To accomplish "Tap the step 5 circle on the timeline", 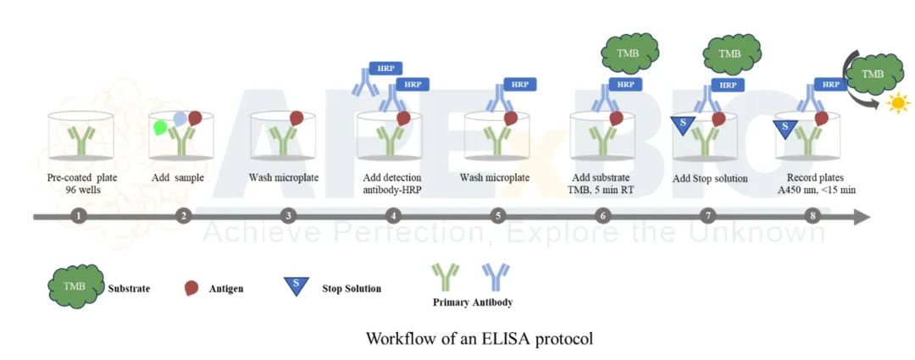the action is (498, 216).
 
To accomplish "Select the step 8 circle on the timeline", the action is (812, 216).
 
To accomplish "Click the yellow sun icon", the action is (897, 103).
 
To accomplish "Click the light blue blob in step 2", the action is (180, 119).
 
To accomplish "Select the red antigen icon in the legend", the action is (191, 288).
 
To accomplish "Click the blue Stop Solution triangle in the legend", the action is (296, 285).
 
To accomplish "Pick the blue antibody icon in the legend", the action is (496, 277).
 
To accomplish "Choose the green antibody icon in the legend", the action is (446, 277).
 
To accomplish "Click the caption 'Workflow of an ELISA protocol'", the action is (479, 339).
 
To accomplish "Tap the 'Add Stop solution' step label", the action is (710, 178).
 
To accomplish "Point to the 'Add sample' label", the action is (177, 177).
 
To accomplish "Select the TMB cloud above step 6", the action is (629, 53).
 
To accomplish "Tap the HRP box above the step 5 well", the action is (519, 84).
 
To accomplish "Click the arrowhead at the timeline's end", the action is (862, 217).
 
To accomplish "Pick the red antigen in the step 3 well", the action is (297, 119).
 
